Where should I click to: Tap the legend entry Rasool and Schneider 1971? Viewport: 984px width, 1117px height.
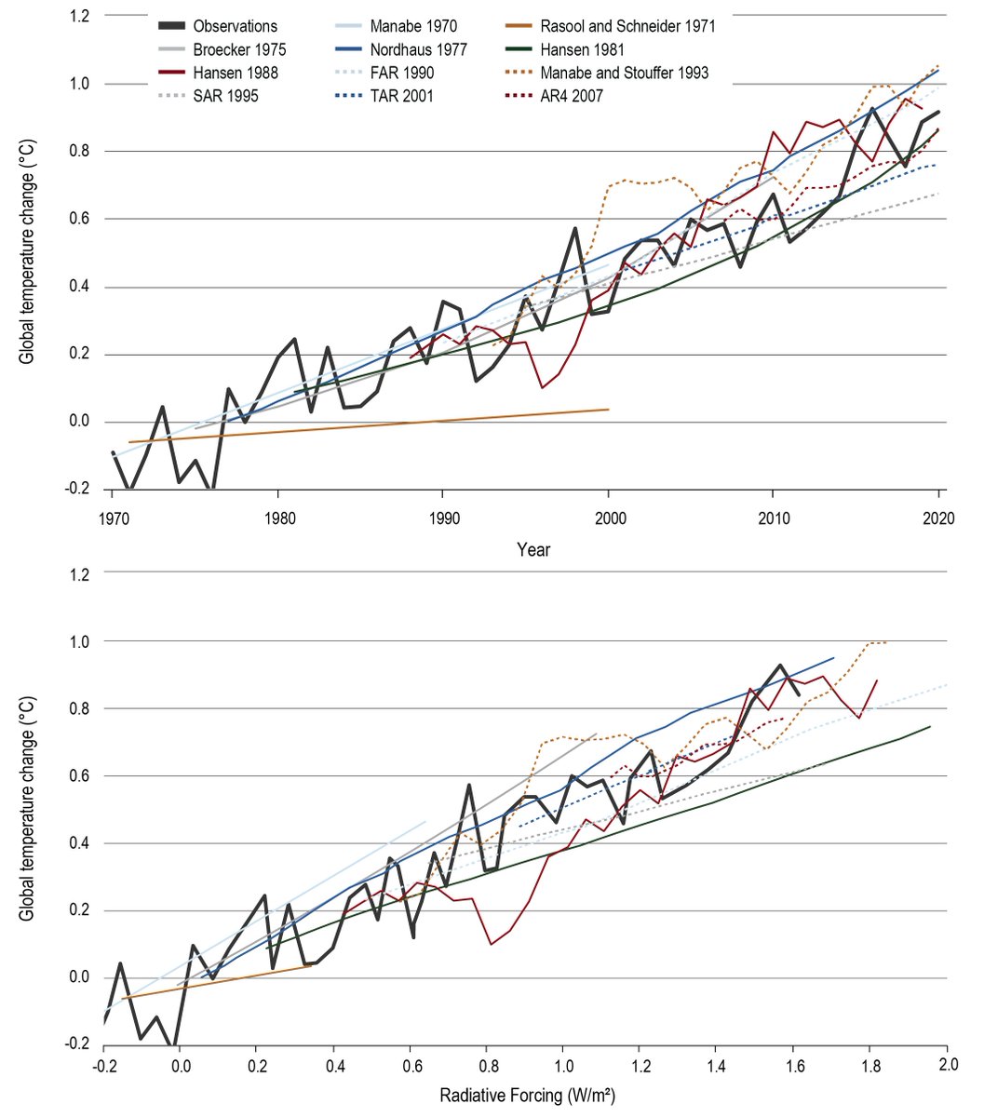pyautogui.click(x=628, y=26)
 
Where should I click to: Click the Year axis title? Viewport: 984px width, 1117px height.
pyautogui.click(x=533, y=549)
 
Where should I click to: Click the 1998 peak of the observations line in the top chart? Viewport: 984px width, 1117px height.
pyautogui.click(x=575, y=228)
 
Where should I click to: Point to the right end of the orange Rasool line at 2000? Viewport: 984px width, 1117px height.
pyautogui.click(x=609, y=409)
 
